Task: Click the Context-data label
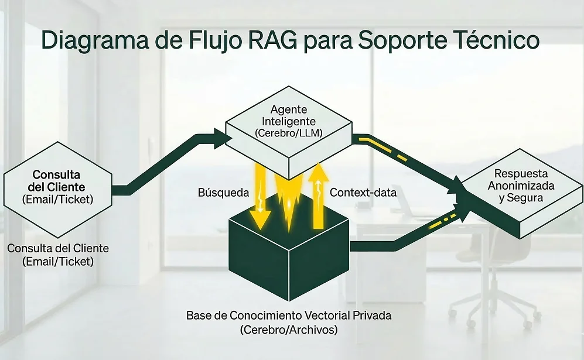(x=363, y=193)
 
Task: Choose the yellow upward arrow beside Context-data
(x=318, y=196)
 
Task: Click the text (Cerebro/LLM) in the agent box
(x=289, y=133)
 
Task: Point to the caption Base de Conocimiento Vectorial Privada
(x=288, y=316)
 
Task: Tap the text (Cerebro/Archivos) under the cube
(x=288, y=330)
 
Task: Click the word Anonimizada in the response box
(x=521, y=186)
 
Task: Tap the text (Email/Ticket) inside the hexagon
(x=57, y=199)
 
